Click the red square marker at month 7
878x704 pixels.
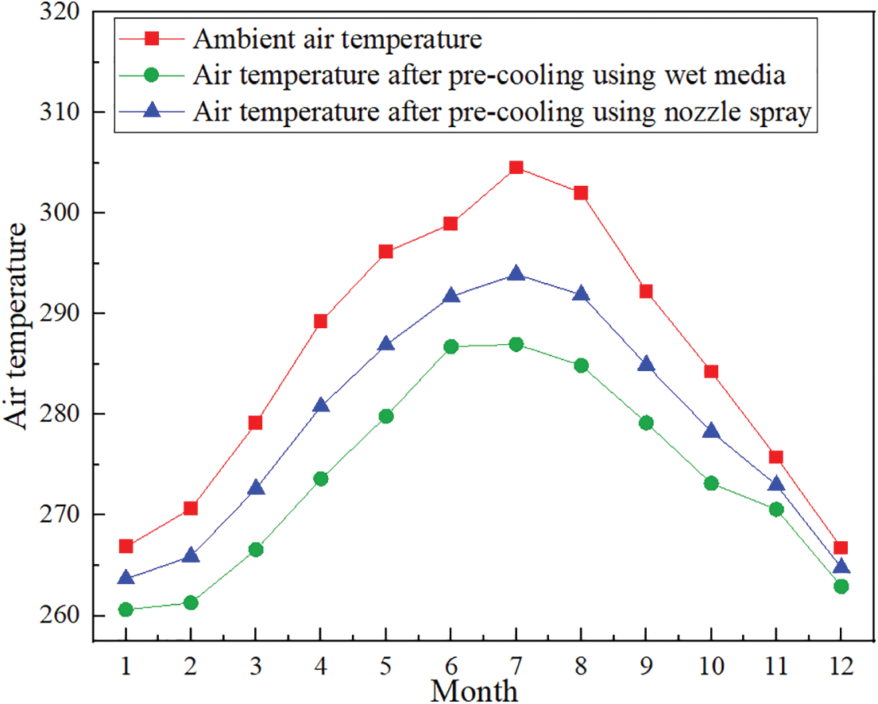coord(516,167)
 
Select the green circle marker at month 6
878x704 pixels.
coord(451,346)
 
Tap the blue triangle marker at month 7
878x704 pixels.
coord(516,274)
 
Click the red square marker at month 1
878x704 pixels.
coord(126,546)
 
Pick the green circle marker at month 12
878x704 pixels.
coord(841,586)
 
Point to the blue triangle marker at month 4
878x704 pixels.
coord(321,406)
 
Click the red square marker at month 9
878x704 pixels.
coord(646,292)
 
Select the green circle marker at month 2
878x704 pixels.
coord(191,602)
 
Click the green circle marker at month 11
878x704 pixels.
coord(776,509)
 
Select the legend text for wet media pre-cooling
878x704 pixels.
coord(488,75)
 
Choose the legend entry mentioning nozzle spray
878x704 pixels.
coord(501,113)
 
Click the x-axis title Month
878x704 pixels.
coord(474,689)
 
